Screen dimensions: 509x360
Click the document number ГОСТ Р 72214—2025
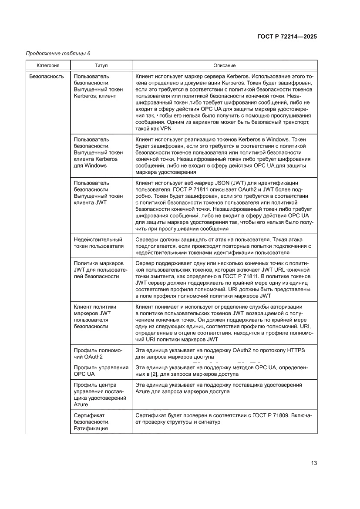(286, 37)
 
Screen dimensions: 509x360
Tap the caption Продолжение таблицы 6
(58, 54)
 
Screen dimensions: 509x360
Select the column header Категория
(48, 65)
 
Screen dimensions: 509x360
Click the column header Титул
(101, 65)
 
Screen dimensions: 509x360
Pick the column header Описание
(224, 65)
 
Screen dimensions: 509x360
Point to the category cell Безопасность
(47, 76)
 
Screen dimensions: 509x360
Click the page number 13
(314, 463)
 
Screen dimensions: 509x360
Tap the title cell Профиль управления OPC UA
(101, 371)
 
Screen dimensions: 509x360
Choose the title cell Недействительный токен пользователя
(98, 243)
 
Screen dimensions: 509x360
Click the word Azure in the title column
(81, 405)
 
